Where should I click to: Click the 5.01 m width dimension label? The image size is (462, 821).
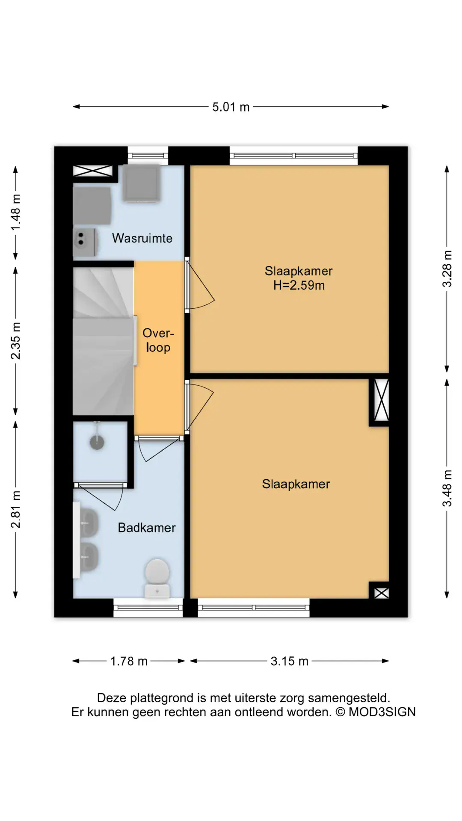point(231,107)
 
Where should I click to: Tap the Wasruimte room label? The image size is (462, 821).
point(142,238)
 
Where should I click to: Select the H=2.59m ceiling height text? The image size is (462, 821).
point(299,285)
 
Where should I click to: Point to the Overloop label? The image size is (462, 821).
point(158,340)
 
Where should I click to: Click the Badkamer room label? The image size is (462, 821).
point(147,528)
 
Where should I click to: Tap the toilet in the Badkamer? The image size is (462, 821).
point(157,578)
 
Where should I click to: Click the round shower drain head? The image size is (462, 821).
point(97,442)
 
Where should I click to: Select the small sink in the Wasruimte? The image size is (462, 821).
point(85,242)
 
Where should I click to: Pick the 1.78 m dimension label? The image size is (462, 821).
point(129,662)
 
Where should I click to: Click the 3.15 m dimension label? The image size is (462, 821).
point(289,662)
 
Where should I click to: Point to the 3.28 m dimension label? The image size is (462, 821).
point(447,269)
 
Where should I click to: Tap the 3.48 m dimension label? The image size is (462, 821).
point(447,488)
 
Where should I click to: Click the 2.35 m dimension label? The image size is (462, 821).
point(15,341)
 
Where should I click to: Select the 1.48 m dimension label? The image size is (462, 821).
point(15,213)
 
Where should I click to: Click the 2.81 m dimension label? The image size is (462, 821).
point(15,509)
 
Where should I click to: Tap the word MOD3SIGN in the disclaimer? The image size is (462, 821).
point(382,712)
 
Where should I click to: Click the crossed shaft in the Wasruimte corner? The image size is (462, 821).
point(93,171)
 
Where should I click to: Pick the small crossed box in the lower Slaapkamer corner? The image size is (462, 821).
point(382,593)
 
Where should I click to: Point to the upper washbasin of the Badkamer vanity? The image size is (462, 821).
point(89,522)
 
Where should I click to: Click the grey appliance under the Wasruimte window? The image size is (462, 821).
point(141,183)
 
